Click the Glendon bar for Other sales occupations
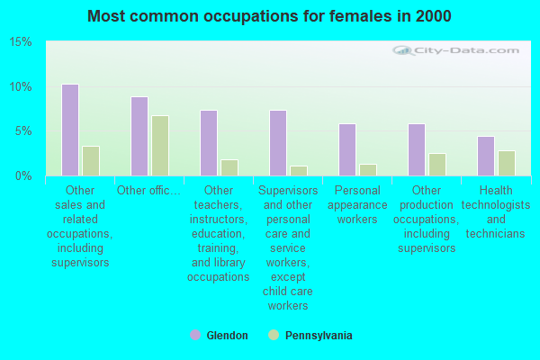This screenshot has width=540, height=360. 70,130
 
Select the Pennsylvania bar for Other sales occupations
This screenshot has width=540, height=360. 91,161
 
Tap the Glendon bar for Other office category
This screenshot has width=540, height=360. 139,136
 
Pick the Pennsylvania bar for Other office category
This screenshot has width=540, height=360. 160,146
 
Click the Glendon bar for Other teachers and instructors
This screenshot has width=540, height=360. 209,143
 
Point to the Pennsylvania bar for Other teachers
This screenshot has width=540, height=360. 229,168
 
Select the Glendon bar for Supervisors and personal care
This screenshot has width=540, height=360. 278,143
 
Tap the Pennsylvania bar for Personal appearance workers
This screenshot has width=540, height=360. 368,170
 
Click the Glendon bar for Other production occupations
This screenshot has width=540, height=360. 417,149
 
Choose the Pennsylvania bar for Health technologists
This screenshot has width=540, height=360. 507,163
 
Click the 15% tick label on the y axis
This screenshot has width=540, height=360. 22,42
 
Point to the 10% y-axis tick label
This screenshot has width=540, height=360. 22,87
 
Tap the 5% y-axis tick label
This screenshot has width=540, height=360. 24,131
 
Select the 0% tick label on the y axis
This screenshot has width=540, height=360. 24,176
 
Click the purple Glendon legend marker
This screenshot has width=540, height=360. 195,336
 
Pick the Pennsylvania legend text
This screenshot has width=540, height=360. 319,336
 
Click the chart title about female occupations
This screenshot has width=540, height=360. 270,16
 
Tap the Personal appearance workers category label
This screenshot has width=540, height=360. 357,204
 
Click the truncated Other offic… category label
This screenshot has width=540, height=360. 149,190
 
